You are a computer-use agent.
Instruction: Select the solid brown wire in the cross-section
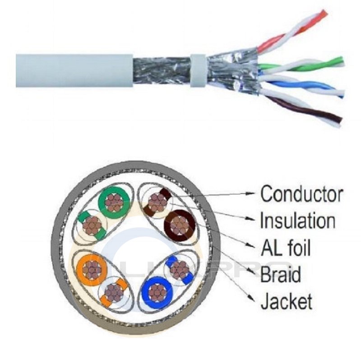181,224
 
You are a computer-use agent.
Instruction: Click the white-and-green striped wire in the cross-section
93,223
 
